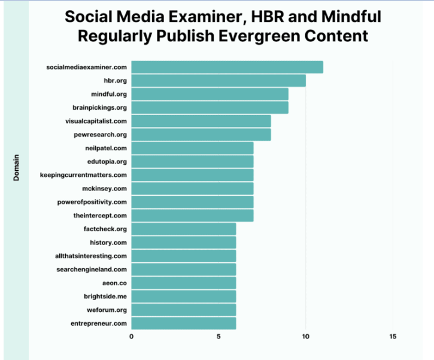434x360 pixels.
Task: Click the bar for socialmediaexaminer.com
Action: coord(227,67)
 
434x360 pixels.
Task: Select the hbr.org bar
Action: coord(218,80)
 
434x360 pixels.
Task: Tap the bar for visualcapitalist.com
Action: coord(201,121)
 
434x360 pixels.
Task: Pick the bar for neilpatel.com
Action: coord(192,148)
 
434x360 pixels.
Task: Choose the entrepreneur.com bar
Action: coord(184,323)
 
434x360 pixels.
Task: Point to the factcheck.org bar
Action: coord(184,229)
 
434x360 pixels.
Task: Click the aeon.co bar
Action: coord(184,283)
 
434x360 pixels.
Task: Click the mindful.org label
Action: coord(109,94)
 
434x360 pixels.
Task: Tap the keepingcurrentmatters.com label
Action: coord(83,175)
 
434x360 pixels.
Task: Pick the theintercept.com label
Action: coord(100,215)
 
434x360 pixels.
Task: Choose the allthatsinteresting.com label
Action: coord(90,256)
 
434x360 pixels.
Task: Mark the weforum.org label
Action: coord(107,310)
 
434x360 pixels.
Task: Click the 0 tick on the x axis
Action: coord(132,337)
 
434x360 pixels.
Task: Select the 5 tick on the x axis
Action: coord(219,337)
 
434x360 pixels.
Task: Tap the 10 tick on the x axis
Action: coord(306,337)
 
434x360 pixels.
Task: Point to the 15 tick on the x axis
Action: coord(393,337)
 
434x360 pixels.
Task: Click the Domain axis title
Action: coord(17,168)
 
